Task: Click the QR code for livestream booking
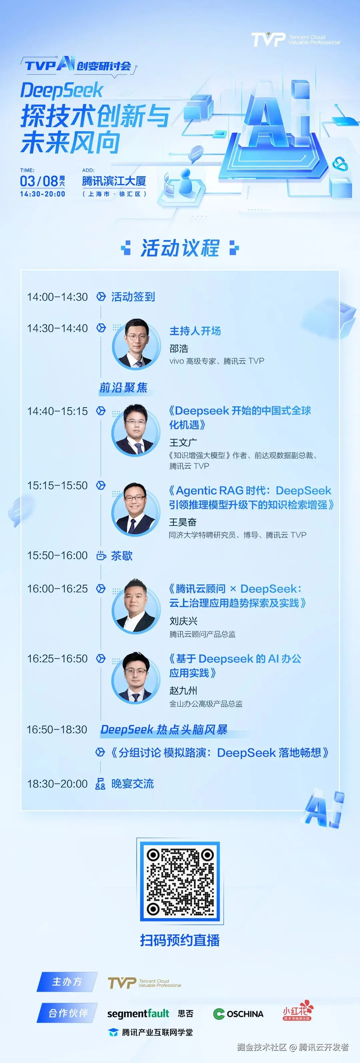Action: pos(180,882)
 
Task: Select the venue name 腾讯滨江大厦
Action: pos(114,181)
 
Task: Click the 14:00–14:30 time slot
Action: pos(57,297)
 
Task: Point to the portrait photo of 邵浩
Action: pos(136,344)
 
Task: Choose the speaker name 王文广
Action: pos(183,442)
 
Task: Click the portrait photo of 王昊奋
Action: pos(135,509)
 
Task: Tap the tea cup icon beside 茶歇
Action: pos(101,555)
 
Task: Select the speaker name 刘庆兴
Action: pos(183,621)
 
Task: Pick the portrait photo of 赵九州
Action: pos(135,677)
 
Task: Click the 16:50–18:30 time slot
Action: pos(57,730)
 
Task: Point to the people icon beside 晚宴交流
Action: pos(100,784)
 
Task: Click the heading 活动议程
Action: pos(180,248)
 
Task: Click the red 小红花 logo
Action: pos(298,1010)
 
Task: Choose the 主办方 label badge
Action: pos(67,982)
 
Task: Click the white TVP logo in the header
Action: pos(268,40)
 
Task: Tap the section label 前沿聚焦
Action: pos(123,388)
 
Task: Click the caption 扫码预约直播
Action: pos(180,940)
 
